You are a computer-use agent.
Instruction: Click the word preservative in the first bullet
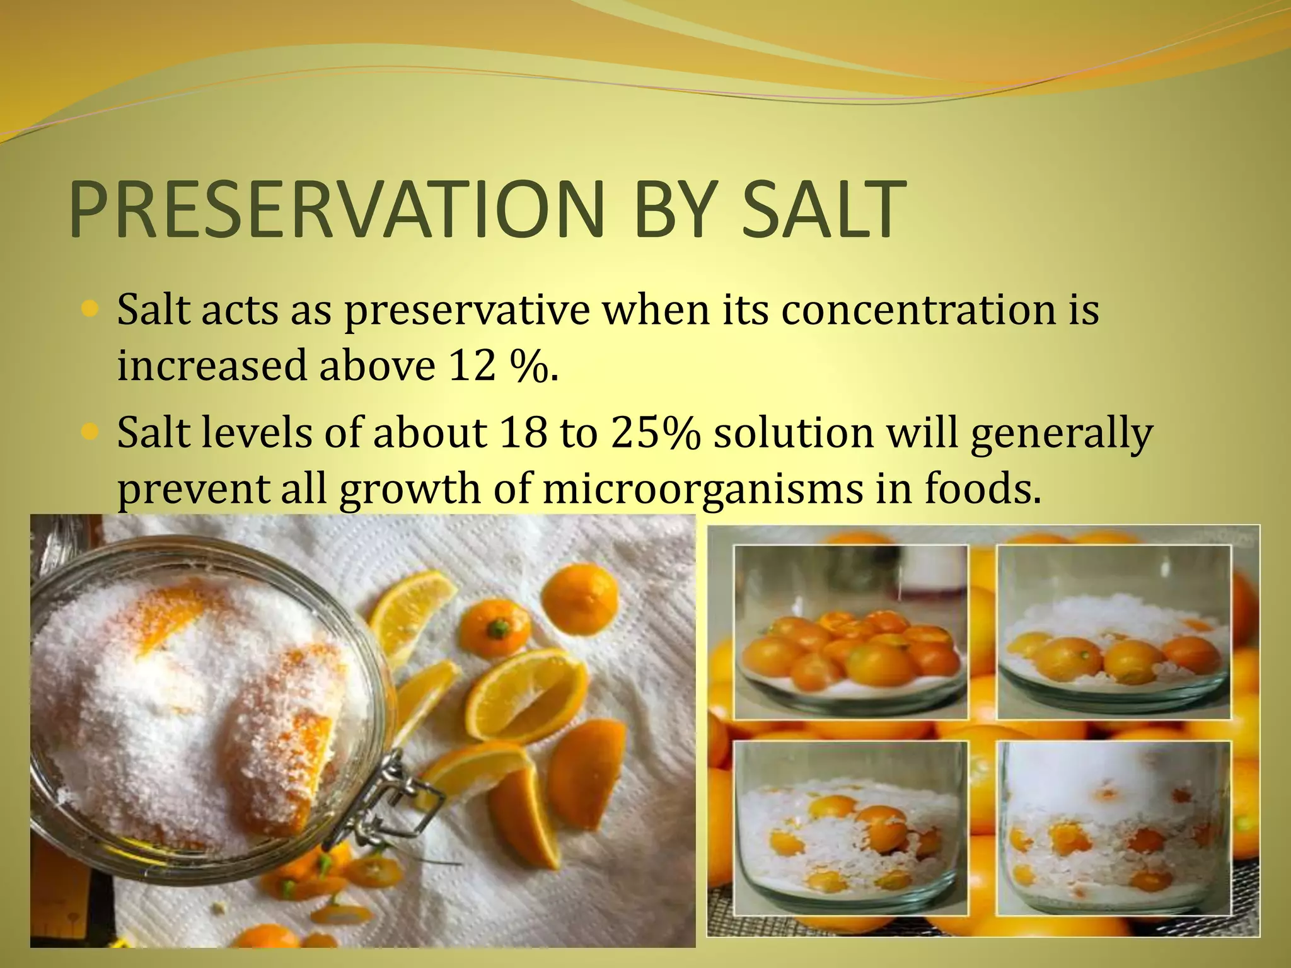(467, 311)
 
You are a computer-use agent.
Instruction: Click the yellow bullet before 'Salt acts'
(90, 309)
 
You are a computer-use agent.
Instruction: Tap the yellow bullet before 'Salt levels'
(90, 432)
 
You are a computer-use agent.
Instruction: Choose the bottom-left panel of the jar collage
(851, 828)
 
